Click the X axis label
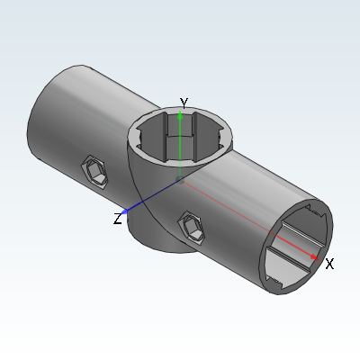click(x=329, y=264)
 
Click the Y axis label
click(x=184, y=103)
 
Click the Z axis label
click(x=118, y=219)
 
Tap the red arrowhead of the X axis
click(x=314, y=257)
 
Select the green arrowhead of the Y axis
click(x=180, y=115)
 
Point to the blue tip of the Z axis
click(x=124, y=211)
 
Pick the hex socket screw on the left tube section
click(x=94, y=172)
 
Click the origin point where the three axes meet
click(x=180, y=180)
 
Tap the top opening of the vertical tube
click(x=180, y=138)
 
